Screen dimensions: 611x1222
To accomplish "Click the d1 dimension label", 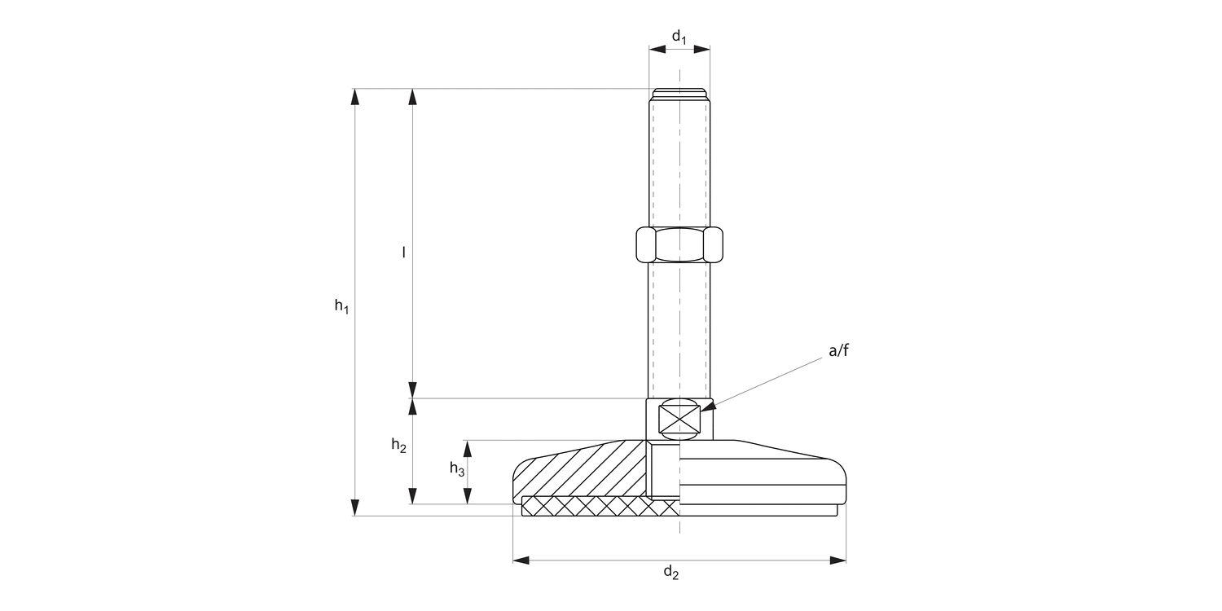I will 679,36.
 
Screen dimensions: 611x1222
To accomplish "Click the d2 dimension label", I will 670,573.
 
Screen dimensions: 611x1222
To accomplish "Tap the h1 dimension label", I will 341,307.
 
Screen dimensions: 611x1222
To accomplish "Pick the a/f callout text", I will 838,351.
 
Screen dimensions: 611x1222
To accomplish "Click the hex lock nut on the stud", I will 679,244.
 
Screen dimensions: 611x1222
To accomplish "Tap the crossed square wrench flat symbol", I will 679,420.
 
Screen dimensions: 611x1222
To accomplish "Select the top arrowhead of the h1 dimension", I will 354,96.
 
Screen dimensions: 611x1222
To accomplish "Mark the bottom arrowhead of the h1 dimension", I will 354,508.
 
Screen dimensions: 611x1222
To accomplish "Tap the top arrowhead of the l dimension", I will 413,96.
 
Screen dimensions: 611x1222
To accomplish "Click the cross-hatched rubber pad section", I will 599,507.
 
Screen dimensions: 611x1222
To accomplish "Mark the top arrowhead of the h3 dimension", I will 468,448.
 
